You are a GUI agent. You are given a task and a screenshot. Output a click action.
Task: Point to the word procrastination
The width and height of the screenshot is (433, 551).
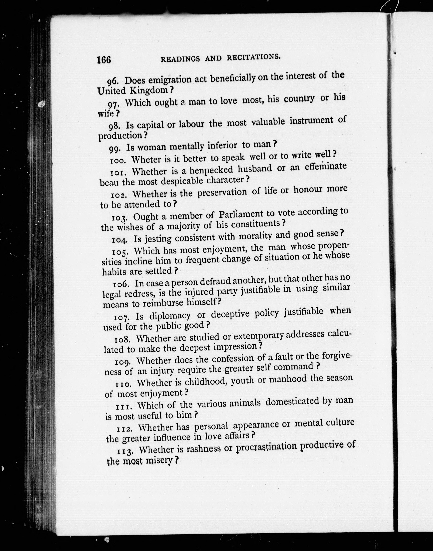pos(266,447)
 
